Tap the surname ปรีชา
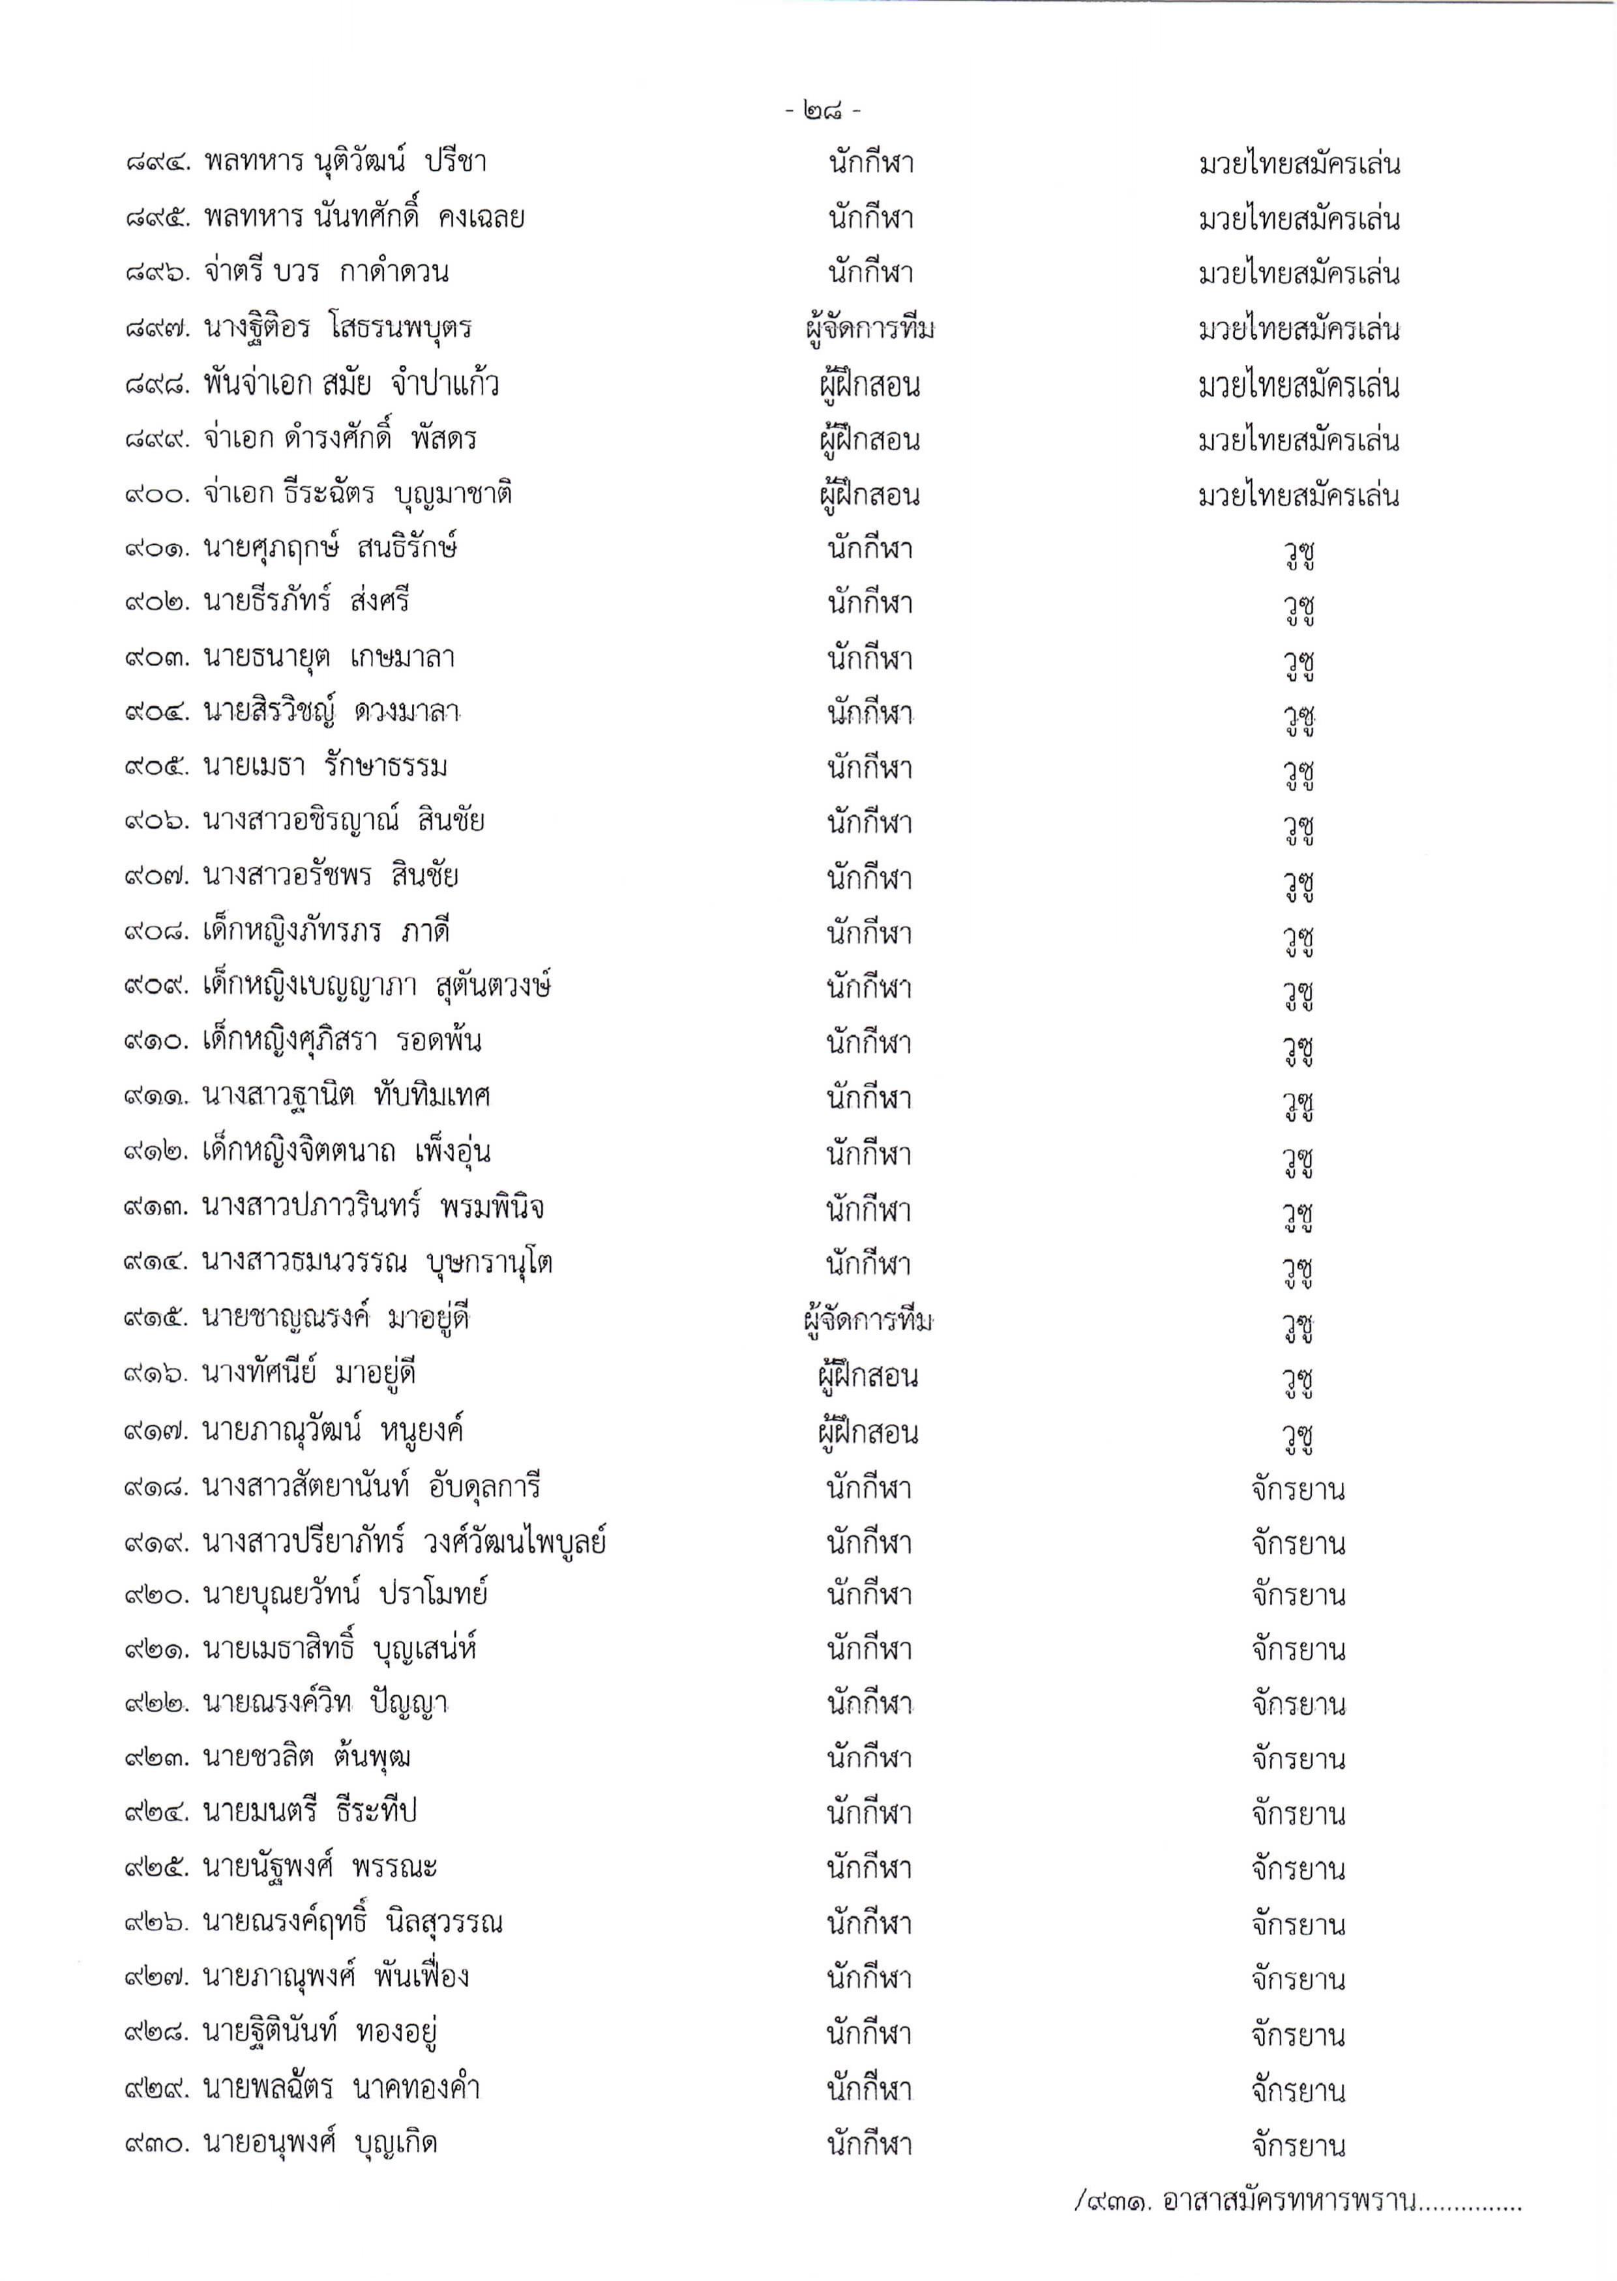[455, 162]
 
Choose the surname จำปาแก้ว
[445, 384]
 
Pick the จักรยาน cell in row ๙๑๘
[1298, 1490]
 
